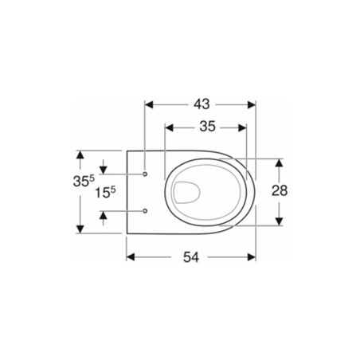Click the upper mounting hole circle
[x=146, y=173]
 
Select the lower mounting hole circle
[x=146, y=210]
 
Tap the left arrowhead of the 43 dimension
[x=149, y=103]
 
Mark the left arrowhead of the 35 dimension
[x=167, y=126]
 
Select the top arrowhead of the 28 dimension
[x=279, y=161]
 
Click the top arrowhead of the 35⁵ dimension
[x=80, y=155]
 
